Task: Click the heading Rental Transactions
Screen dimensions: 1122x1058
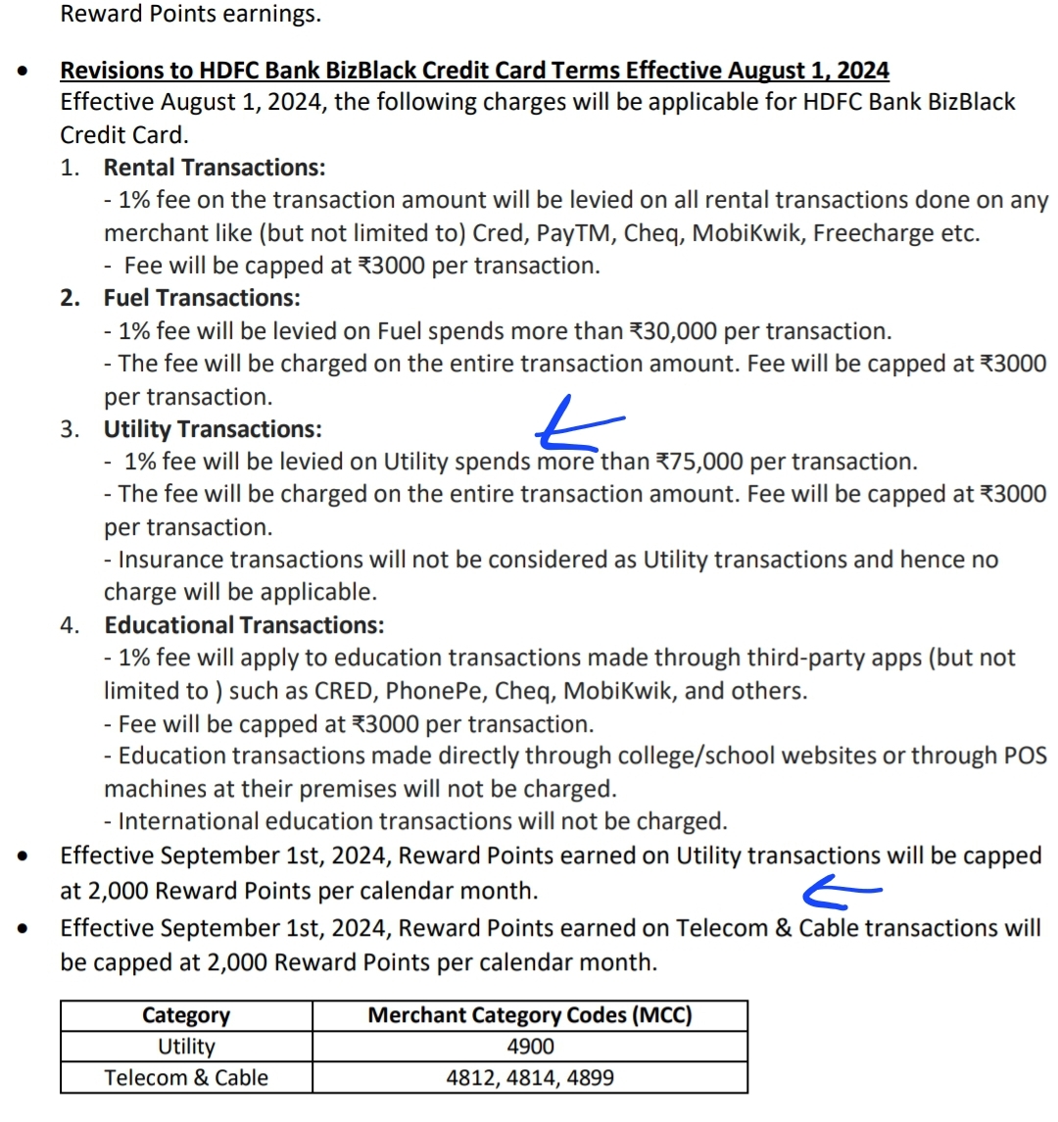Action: click(215, 168)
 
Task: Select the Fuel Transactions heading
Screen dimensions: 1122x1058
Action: click(202, 298)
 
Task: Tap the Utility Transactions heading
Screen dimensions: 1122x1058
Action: click(213, 429)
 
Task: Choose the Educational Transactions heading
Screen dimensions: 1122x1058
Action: click(244, 625)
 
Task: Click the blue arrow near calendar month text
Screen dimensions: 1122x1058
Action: click(841, 890)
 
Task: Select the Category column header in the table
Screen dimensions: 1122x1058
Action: click(185, 1015)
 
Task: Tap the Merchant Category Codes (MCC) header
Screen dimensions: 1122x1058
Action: click(530, 1015)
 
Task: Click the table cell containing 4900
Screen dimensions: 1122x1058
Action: click(530, 1047)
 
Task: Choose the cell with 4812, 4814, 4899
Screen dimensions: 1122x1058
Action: click(530, 1078)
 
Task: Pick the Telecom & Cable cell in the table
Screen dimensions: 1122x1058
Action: click(186, 1078)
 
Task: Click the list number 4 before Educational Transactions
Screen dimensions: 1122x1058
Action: click(69, 625)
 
